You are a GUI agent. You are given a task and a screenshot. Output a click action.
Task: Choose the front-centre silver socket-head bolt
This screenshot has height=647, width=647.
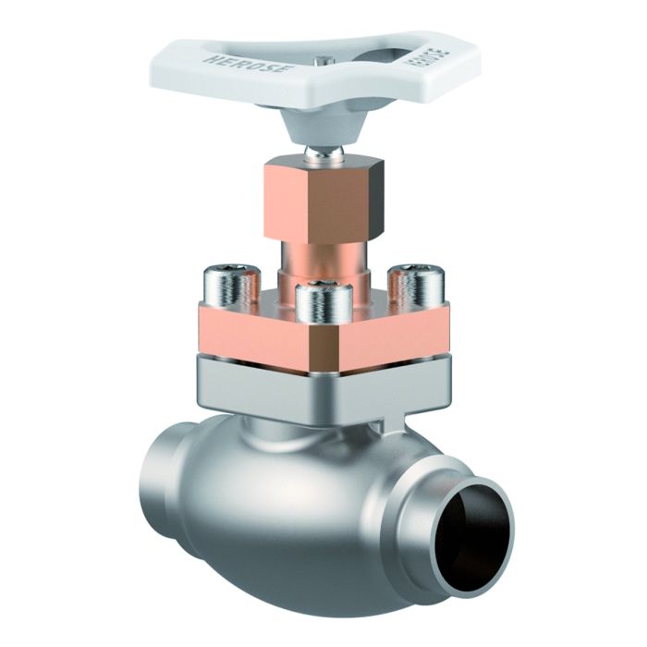(x=321, y=308)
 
